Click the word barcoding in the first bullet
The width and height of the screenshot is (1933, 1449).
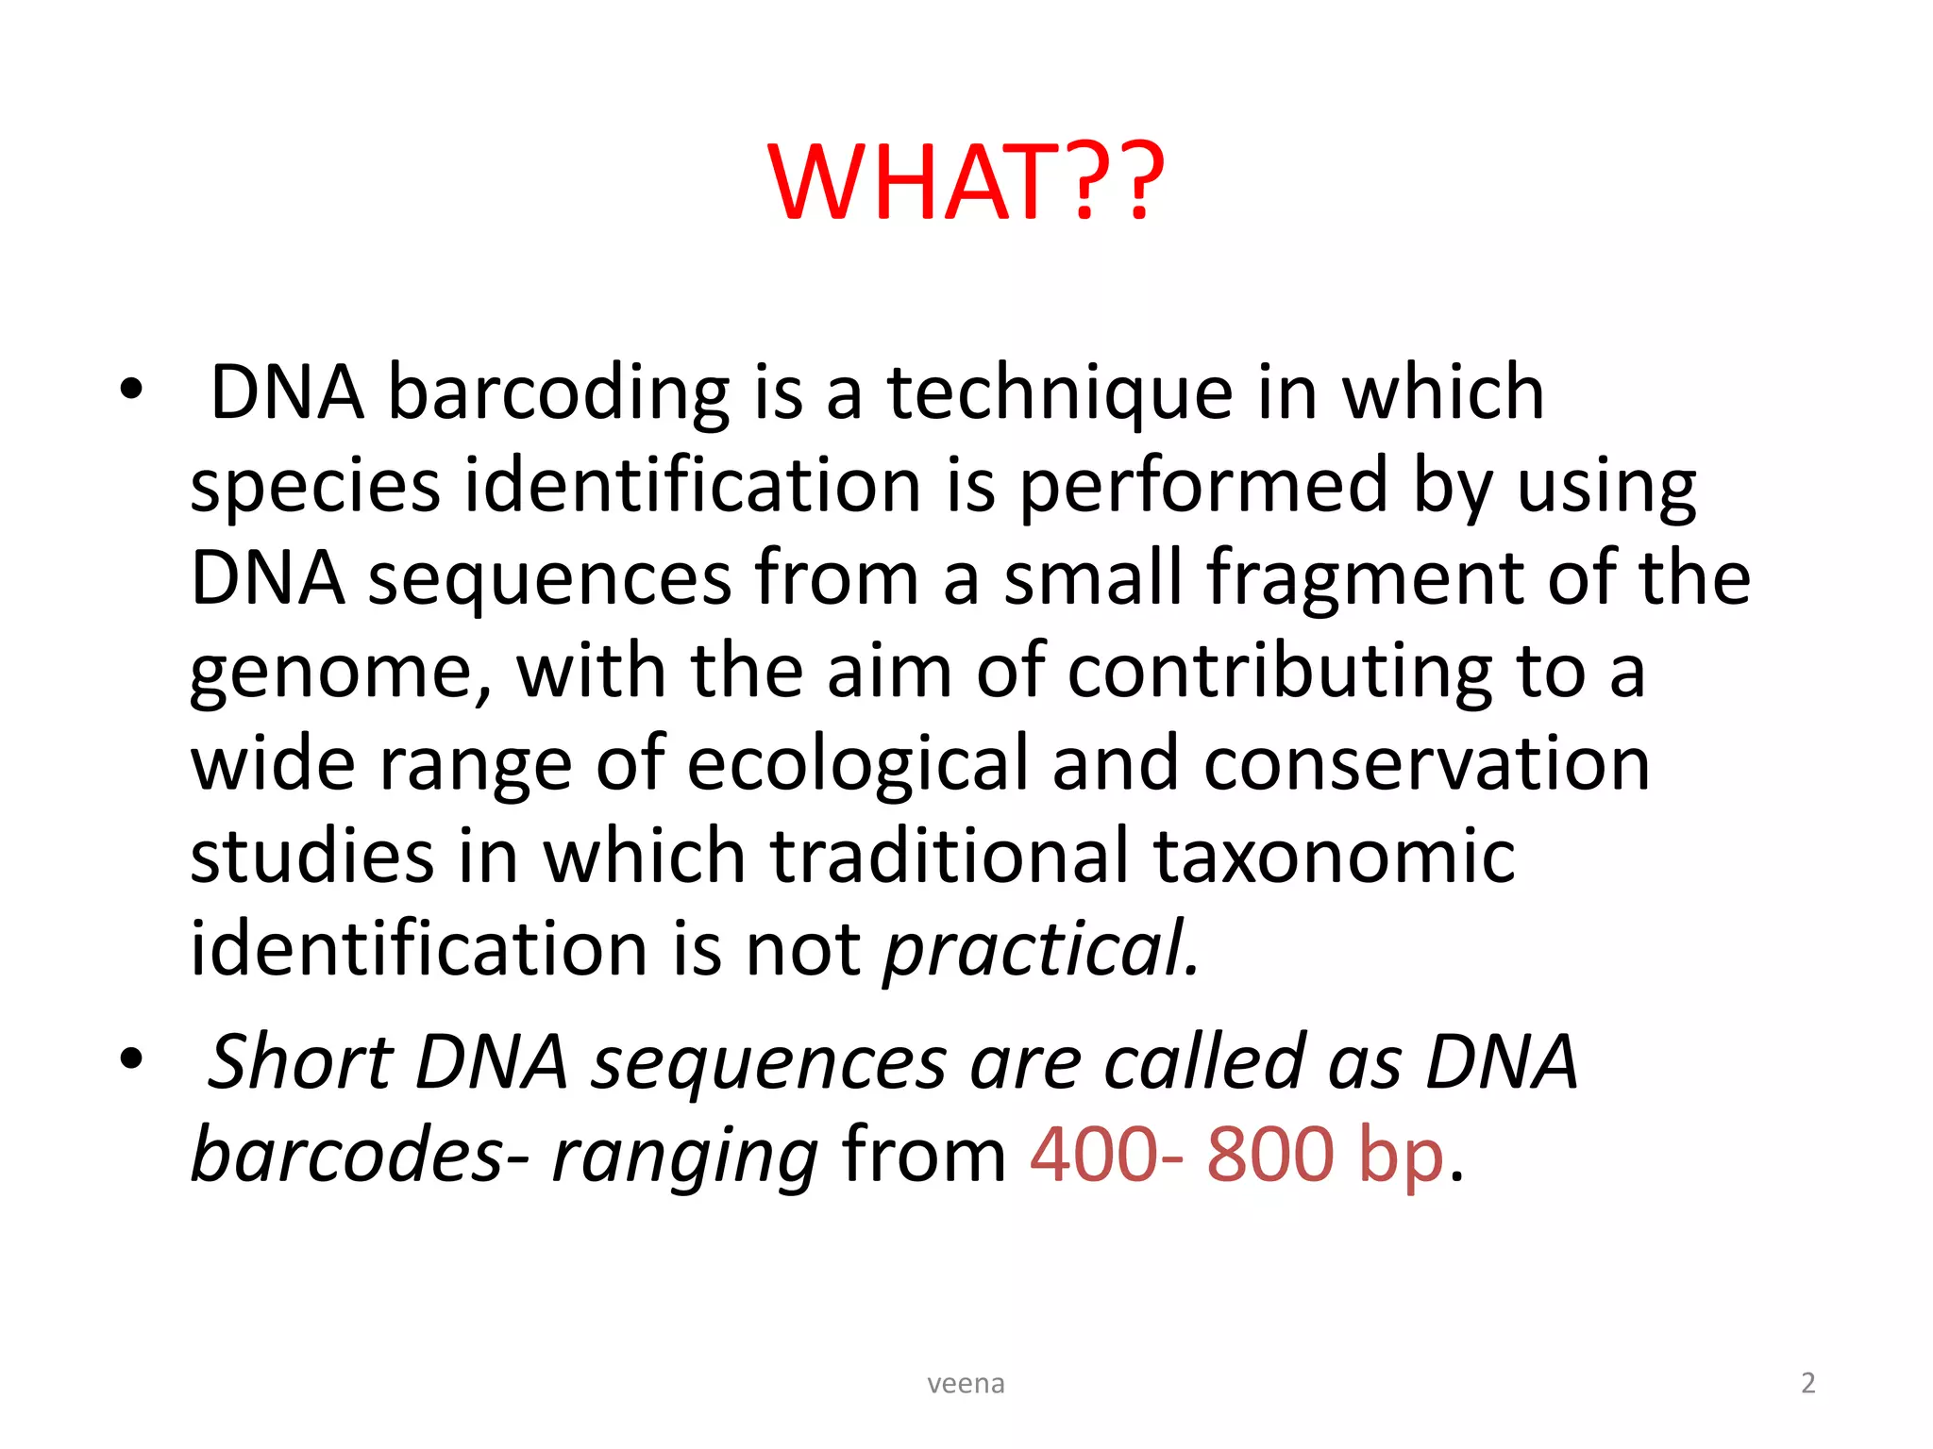click(559, 392)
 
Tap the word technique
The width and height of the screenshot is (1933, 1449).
click(1060, 392)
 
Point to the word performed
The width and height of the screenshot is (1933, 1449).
click(1203, 487)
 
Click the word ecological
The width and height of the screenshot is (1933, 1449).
click(857, 764)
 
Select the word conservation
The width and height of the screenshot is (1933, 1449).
click(1426, 764)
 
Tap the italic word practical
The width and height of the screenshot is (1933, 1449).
click(1040, 949)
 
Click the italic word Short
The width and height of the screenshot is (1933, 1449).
click(300, 1062)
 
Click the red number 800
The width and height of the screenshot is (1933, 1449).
click(1270, 1155)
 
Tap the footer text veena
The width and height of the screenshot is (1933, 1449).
click(966, 1384)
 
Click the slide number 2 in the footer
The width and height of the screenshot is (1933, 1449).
click(1807, 1383)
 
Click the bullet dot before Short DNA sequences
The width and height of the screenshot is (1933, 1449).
click(131, 1058)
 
